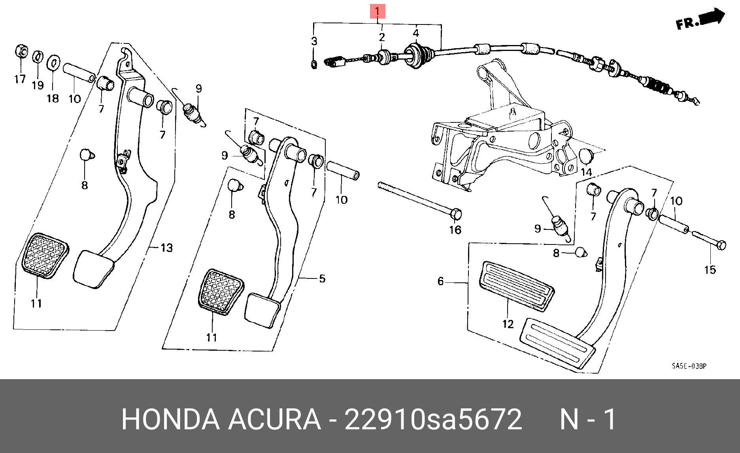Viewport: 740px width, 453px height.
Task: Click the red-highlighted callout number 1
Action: (x=377, y=11)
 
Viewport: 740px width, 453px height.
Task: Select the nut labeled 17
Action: (x=22, y=51)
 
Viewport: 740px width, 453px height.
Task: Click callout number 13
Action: (x=167, y=248)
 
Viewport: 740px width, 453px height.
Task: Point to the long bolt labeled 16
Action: (x=419, y=199)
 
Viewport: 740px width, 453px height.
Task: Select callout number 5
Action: (x=322, y=279)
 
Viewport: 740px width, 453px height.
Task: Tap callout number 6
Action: (x=440, y=281)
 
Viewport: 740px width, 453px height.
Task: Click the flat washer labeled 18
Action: (x=53, y=62)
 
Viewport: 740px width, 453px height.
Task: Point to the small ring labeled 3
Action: (x=314, y=64)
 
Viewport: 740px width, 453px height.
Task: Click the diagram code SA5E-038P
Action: (x=689, y=366)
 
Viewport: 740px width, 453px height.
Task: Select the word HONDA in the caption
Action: (x=170, y=419)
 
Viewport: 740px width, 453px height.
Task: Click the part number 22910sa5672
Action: (x=433, y=419)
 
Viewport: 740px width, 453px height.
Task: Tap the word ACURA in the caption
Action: (x=274, y=419)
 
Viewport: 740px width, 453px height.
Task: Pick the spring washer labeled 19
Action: (x=37, y=56)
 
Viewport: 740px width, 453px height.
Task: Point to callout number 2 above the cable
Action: (x=381, y=37)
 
